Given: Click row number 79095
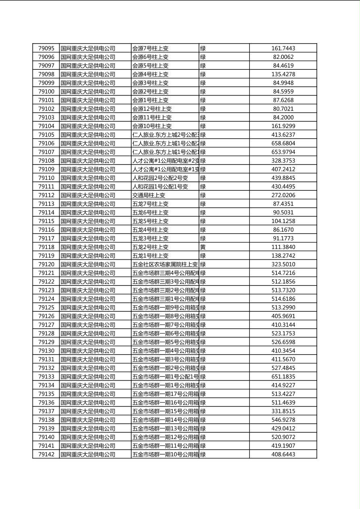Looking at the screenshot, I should click(x=46, y=48).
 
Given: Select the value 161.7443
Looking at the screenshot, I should click(x=283, y=48).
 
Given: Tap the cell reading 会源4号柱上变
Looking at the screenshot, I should click(x=151, y=74).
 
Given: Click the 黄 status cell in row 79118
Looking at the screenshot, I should click(x=203, y=247).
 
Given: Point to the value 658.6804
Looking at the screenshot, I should click(x=283, y=144).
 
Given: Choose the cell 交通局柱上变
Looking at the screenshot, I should click(x=149, y=195).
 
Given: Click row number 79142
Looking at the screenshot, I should click(x=46, y=455).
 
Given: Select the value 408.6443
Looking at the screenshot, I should click(x=283, y=455).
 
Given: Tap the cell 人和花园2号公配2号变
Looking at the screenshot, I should click(x=160, y=178).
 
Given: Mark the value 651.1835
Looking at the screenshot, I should click(x=283, y=377).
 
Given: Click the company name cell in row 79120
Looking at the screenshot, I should click(x=88, y=265).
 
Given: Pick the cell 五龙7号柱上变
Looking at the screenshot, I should click(x=151, y=204).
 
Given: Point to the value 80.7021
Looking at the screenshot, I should click(x=283, y=109).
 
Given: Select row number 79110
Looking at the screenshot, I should click(x=46, y=178).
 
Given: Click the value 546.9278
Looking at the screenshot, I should click(x=283, y=420).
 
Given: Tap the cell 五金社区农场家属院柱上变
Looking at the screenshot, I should click(x=165, y=265).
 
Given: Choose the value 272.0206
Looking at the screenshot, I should click(x=283, y=195).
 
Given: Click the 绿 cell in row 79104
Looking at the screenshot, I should click(x=203, y=126).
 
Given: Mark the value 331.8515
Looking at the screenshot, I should click(x=283, y=411).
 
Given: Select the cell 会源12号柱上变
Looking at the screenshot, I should click(x=152, y=109).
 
